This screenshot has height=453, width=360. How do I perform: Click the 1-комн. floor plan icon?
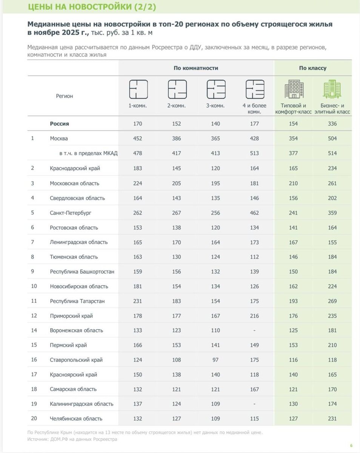tap(138, 89)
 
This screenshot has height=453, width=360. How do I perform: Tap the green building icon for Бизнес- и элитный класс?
tap(332, 89)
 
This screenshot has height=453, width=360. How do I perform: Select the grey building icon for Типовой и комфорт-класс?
tap(294, 89)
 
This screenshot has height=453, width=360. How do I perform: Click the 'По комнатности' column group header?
tap(196, 68)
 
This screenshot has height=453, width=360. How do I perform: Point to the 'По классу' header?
tap(313, 68)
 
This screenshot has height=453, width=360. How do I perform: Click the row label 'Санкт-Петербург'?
tap(71, 213)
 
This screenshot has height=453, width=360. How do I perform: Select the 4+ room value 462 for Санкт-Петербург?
tap(254, 213)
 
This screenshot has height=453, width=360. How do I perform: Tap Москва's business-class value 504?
tap(332, 139)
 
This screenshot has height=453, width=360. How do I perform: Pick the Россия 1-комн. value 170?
tap(138, 124)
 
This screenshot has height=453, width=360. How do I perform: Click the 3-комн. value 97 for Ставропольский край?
tap(215, 360)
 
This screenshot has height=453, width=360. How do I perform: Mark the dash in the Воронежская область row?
tap(254, 331)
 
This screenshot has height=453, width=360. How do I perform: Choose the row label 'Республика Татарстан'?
tap(77, 301)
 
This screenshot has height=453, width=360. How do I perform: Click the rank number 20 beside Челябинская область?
tap(34, 419)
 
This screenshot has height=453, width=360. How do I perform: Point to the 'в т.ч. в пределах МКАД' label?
tap(88, 153)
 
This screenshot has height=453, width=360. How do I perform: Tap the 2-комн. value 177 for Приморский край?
tap(176, 316)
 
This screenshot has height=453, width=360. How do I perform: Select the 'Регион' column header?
tap(65, 96)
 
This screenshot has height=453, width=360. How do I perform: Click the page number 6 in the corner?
tap(351, 445)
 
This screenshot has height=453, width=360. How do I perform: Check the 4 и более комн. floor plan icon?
tap(255, 89)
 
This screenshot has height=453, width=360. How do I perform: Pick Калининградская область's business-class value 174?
tap(332, 404)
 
